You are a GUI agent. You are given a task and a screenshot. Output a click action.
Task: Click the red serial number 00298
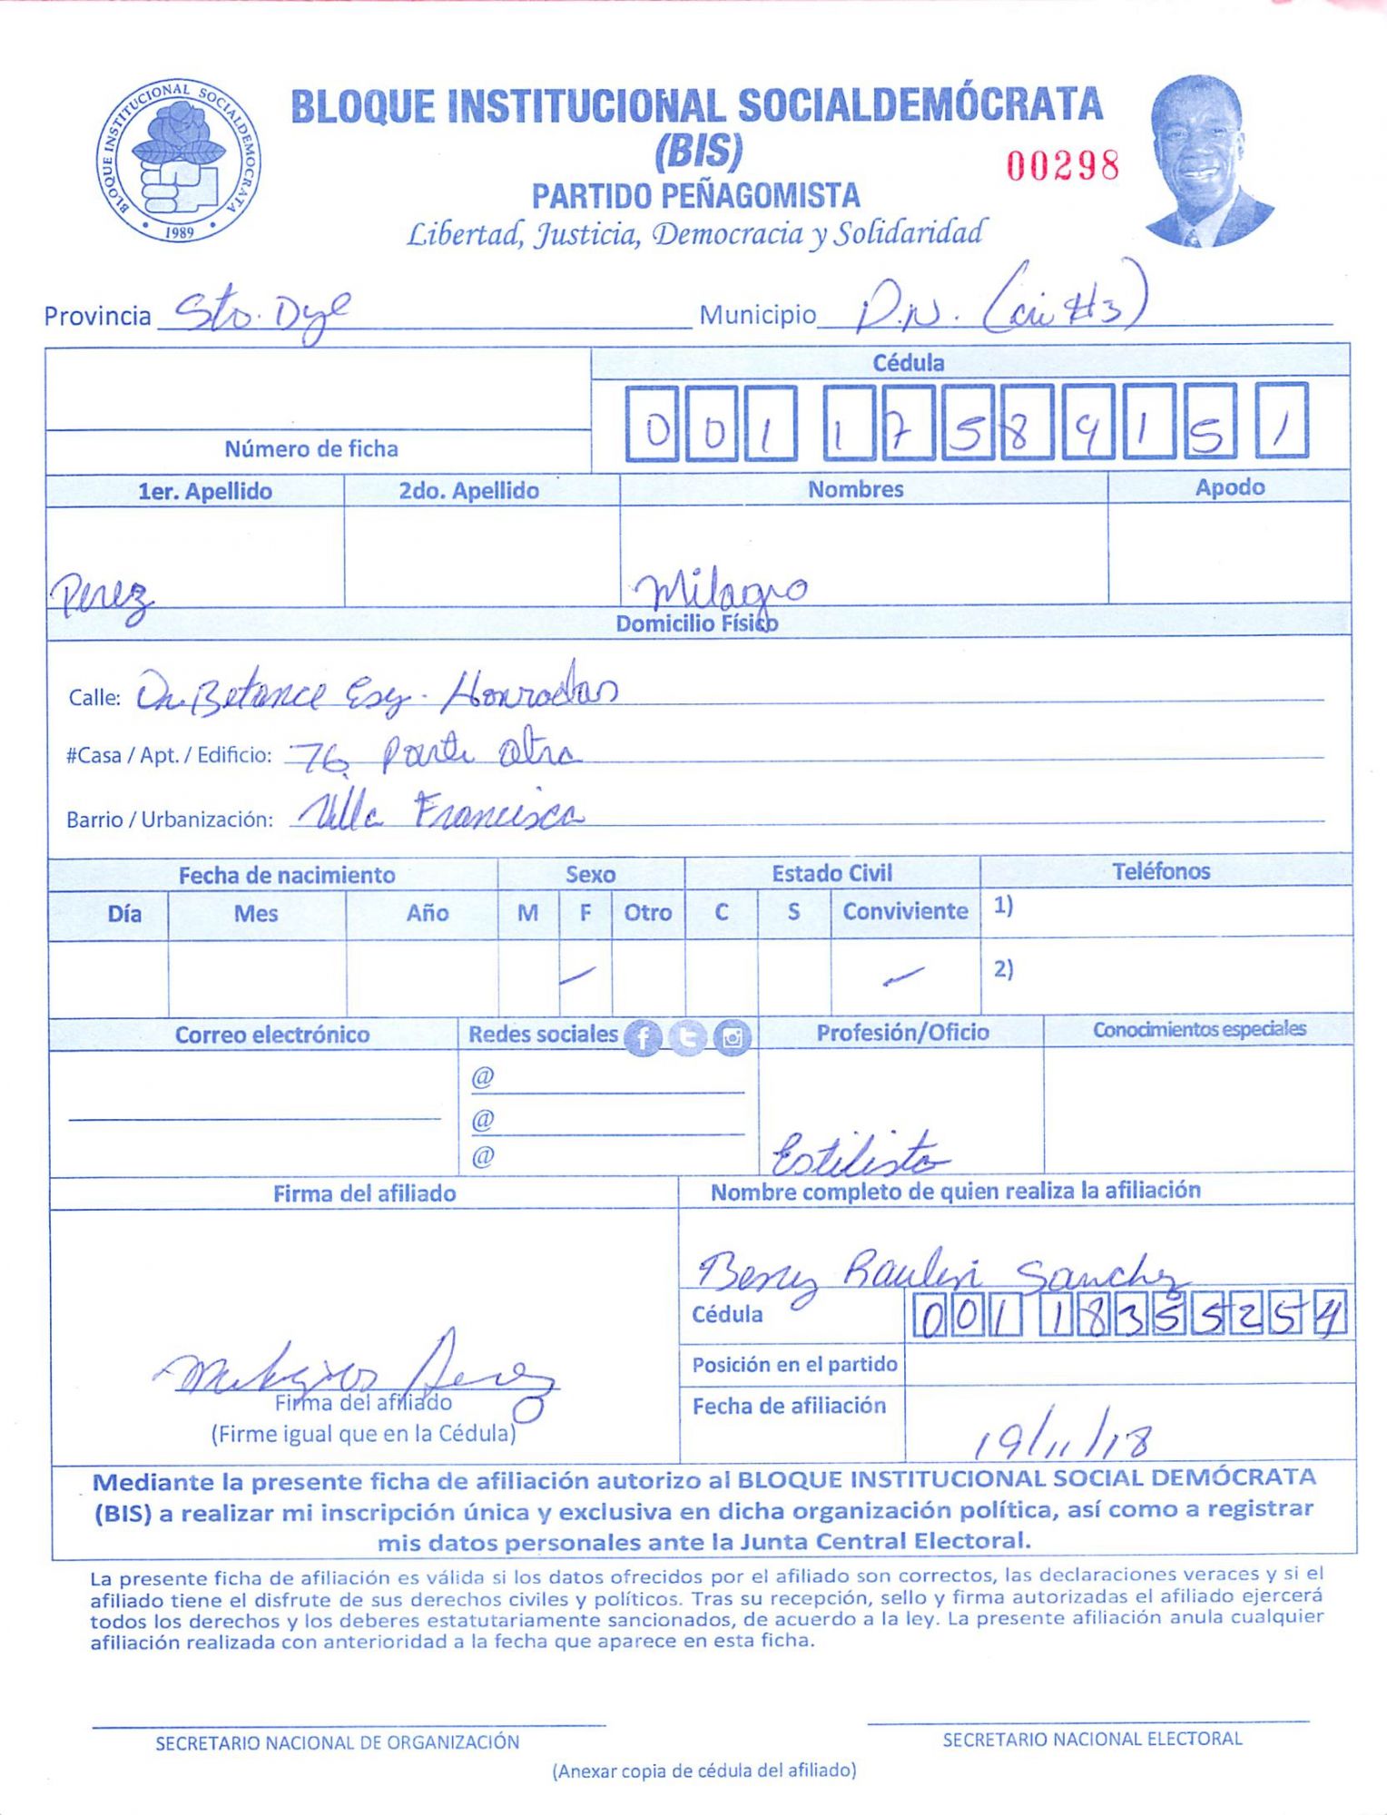coord(1062,165)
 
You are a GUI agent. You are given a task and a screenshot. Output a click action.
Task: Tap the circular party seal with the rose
coord(179,161)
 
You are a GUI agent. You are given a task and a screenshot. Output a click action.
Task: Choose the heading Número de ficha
coord(311,449)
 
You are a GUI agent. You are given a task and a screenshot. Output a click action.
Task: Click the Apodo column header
coord(1229,488)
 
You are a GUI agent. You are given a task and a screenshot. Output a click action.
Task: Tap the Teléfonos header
coord(1161,872)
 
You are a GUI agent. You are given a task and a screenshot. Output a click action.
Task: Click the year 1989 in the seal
coord(180,231)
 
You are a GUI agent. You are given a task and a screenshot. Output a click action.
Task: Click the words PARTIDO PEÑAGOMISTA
coord(695,196)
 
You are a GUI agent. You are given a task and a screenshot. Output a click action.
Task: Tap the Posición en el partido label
coord(794,1365)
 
